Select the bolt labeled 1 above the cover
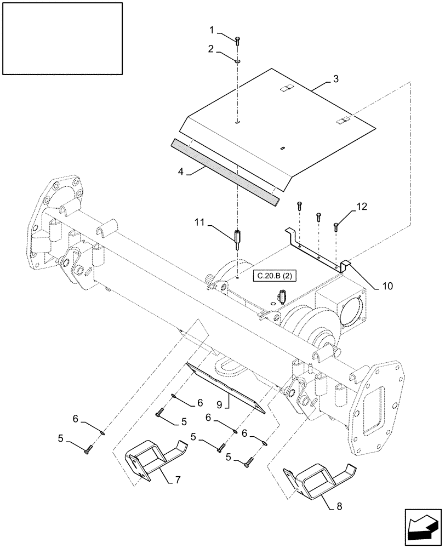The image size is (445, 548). (x=238, y=41)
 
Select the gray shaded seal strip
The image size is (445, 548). (x=225, y=168)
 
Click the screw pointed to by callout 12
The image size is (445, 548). (x=336, y=225)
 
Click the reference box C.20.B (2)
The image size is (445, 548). (x=275, y=277)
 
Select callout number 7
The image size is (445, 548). (x=178, y=481)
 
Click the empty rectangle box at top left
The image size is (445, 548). (x=62, y=38)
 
